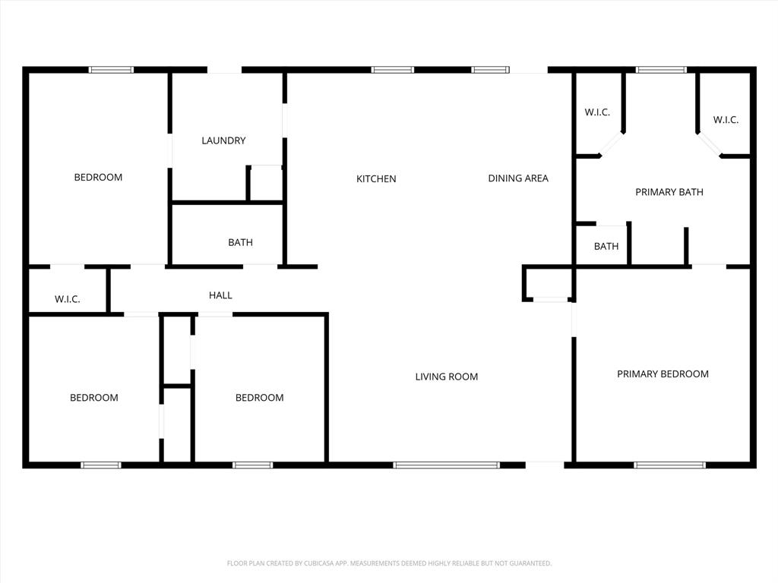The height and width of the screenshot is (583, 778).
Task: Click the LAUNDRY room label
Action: tap(223, 140)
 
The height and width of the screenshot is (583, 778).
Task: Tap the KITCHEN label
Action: tap(376, 179)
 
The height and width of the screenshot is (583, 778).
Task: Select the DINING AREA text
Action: tap(517, 178)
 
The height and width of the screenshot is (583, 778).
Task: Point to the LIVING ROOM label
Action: tap(446, 377)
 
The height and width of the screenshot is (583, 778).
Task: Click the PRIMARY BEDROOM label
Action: tap(663, 373)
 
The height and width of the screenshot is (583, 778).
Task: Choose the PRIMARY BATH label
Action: tap(669, 192)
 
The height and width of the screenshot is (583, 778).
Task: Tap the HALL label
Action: tap(220, 295)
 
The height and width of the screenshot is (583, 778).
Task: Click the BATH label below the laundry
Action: tap(240, 243)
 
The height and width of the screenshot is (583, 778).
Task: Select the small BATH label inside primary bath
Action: tap(606, 247)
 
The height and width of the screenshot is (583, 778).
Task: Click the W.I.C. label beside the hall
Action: tap(68, 300)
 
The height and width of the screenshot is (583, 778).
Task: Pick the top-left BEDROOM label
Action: tap(98, 178)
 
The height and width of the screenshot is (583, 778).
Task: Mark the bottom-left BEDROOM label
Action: tap(94, 398)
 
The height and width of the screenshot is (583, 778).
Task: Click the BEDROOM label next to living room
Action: tap(259, 398)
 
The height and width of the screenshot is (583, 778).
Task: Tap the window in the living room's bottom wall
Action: tap(446, 465)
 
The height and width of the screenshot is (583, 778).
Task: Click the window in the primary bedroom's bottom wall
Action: tap(669, 465)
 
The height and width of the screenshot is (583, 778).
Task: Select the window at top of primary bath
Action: tap(661, 70)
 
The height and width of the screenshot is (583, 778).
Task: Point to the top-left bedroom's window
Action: tap(111, 70)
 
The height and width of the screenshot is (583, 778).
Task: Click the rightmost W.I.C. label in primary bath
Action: tap(726, 120)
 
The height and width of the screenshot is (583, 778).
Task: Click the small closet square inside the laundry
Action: tap(266, 183)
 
